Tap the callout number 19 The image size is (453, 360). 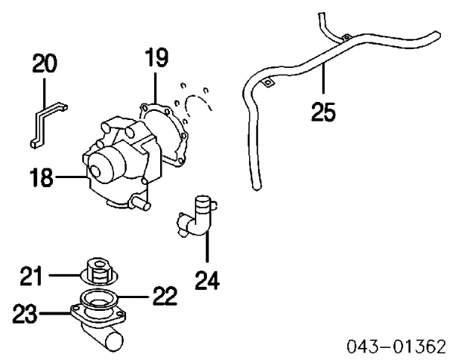tap(156, 58)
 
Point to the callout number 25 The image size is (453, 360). tap(323, 111)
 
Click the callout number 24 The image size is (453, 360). tap(207, 280)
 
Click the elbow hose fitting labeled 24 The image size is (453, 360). tap(198, 219)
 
